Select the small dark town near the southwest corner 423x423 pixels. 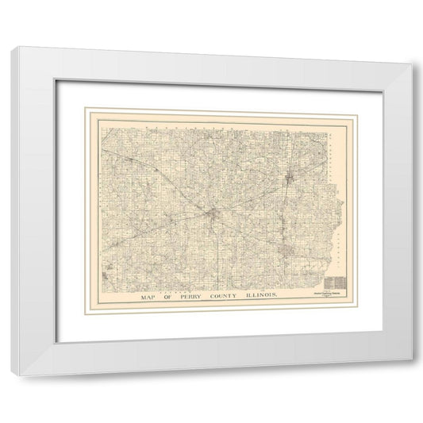(x=106, y=276)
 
